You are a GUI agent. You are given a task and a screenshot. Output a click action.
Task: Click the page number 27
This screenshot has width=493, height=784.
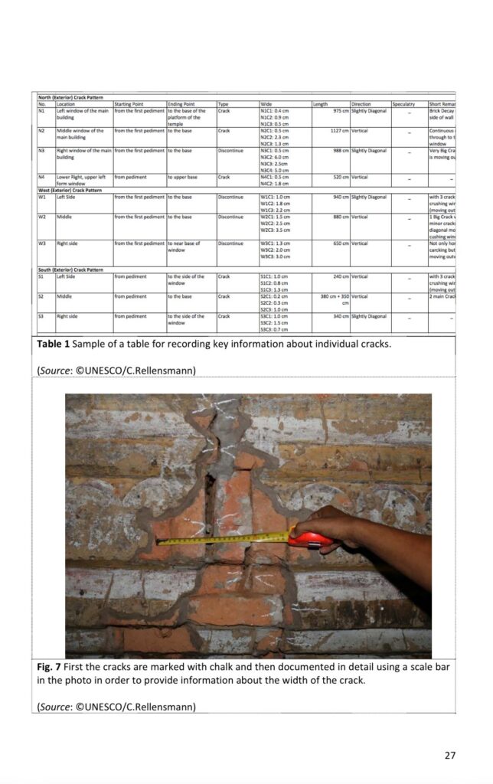449,755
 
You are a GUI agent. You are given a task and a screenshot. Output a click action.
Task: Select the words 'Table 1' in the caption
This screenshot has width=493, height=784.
54,344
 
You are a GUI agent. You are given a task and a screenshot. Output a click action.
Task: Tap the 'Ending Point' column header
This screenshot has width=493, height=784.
181,104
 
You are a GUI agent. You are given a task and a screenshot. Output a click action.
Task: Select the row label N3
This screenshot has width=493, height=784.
42,151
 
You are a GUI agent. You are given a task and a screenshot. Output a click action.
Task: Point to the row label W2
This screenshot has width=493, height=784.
42,217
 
